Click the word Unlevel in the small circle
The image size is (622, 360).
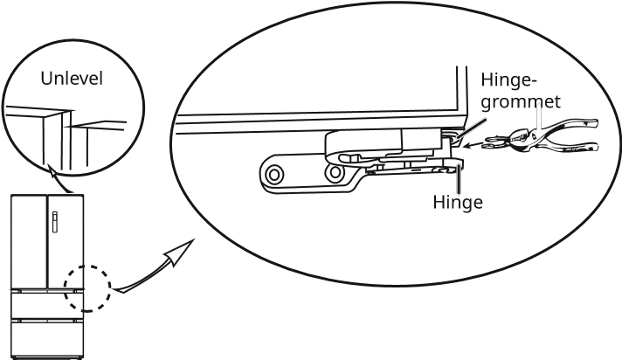coord(73,80)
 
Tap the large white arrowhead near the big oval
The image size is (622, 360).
coord(177,254)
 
